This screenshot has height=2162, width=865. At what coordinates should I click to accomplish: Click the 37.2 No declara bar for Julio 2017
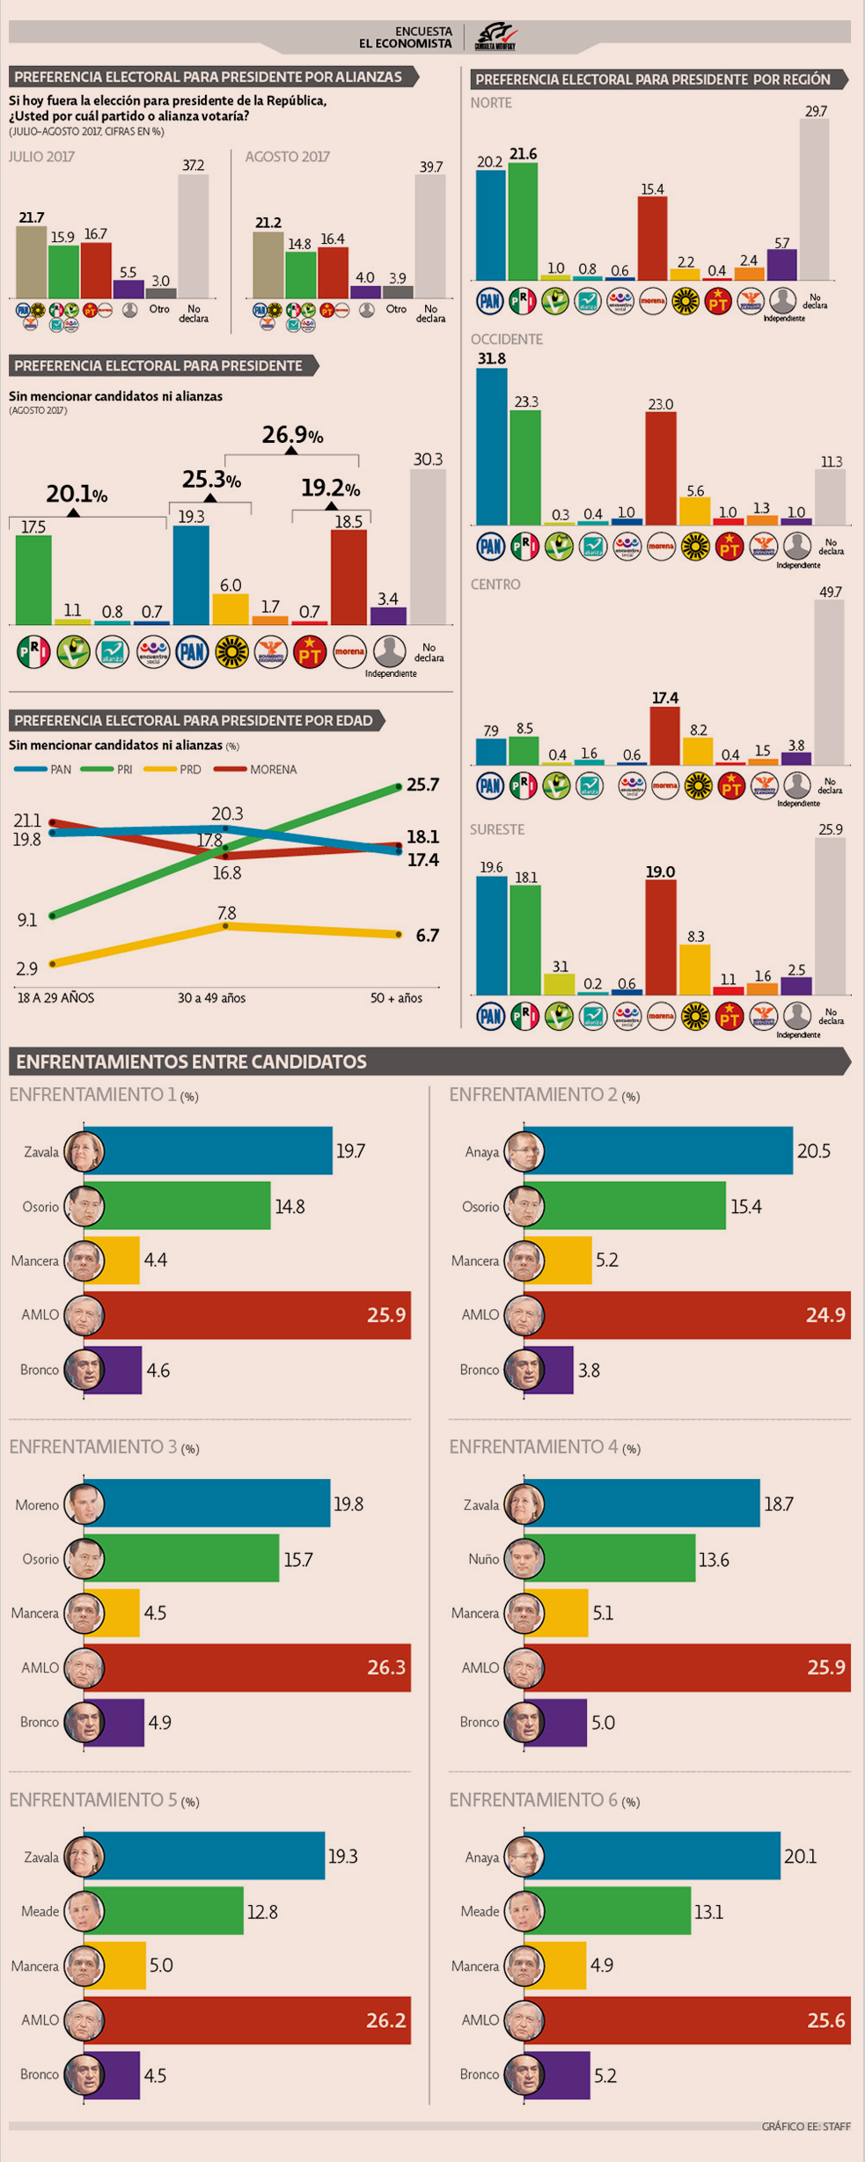[x=193, y=236]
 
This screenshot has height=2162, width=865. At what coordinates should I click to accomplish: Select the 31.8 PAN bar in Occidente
[x=491, y=446]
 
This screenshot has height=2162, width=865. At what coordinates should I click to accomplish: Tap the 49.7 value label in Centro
[x=830, y=592]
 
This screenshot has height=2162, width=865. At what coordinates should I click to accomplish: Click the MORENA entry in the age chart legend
[x=273, y=769]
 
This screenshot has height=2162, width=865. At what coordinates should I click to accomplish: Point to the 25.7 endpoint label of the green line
[x=422, y=784]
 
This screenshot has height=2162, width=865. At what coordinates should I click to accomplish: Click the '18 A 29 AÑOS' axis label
[x=55, y=997]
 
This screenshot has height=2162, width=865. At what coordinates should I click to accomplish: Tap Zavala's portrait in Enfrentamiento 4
[x=524, y=1504]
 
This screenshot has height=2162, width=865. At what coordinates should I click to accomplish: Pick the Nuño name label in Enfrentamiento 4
[x=483, y=1559]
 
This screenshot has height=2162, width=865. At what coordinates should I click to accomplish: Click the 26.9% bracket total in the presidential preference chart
[x=292, y=435]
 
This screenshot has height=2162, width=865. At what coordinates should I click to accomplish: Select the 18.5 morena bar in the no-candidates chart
[x=348, y=577]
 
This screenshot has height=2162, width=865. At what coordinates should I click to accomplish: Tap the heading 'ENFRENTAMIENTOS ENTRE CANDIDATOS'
[x=191, y=1062]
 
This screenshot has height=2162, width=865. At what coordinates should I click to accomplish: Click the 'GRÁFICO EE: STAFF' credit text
[x=805, y=2126]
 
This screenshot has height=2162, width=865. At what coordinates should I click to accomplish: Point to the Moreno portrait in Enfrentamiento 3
[x=84, y=1504]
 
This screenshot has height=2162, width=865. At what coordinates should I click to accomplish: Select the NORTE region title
[x=491, y=103]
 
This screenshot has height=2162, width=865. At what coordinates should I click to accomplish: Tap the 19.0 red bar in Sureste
[x=661, y=938]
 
